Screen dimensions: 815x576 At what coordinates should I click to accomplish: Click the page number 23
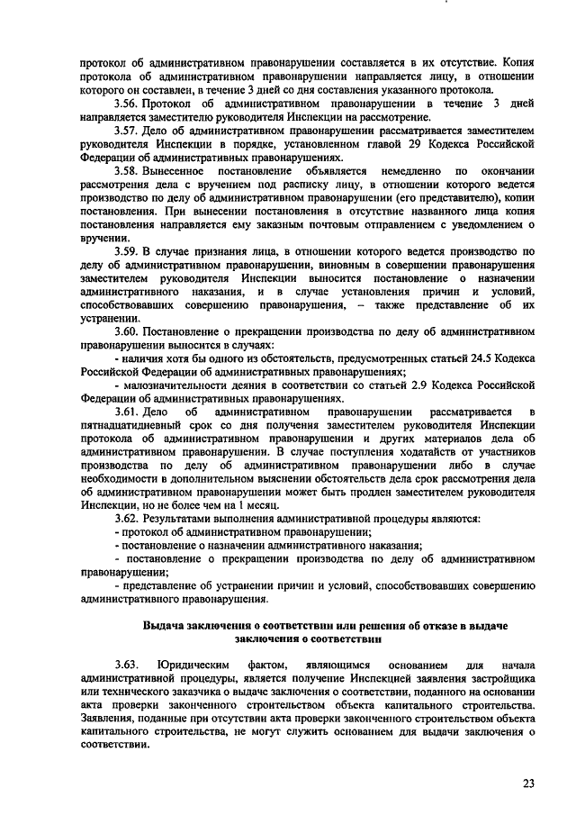point(527,782)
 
